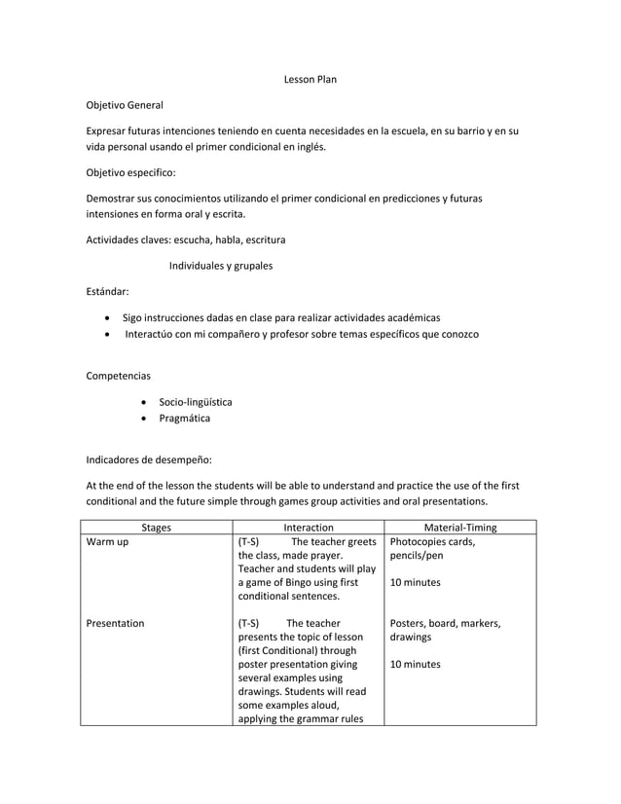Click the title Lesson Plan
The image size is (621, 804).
310,79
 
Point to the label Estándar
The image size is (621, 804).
107,291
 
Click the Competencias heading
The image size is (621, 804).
119,375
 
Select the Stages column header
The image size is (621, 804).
156,528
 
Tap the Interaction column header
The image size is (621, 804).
308,528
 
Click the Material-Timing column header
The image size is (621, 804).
455,528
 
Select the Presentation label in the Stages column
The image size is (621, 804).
115,624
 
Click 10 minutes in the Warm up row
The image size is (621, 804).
415,583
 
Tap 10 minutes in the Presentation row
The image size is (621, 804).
415,665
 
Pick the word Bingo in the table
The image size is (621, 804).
296,583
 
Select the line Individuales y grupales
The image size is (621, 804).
221,265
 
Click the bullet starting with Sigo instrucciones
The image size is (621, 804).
281,317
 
